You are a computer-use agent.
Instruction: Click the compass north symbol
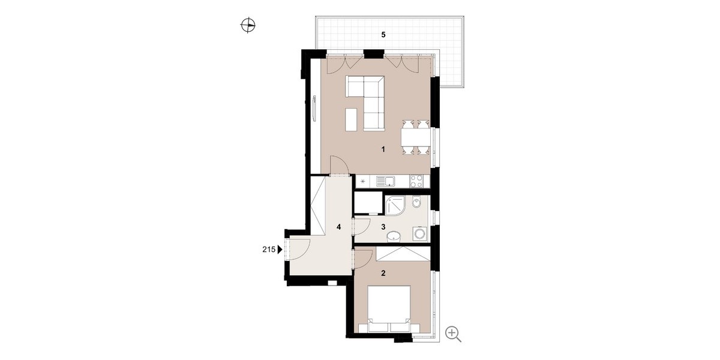point(248,25)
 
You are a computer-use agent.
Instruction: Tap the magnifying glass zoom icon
point(453,334)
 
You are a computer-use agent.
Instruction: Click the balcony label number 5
point(383,35)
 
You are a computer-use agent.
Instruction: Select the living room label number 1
point(383,149)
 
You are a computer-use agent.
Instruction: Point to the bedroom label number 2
point(383,273)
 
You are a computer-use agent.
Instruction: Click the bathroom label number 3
point(383,227)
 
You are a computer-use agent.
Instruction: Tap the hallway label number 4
point(338,227)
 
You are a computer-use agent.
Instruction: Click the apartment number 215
point(269,249)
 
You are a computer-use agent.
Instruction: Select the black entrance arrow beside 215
point(280,249)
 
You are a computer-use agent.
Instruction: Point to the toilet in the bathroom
point(416,202)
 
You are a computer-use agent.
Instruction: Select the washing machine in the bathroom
point(420,233)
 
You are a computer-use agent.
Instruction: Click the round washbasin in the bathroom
point(394,237)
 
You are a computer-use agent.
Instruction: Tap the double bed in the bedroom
point(389,309)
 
